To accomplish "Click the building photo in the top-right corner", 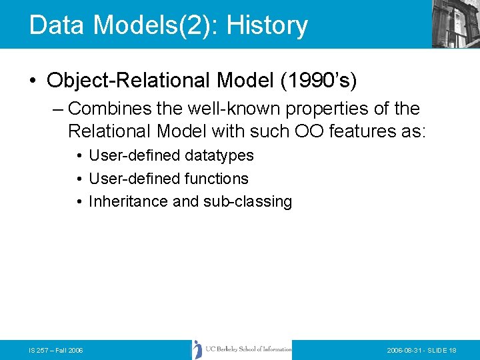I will pyautogui.click(x=455, y=24).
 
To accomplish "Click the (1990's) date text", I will pyautogui.click(x=318, y=81).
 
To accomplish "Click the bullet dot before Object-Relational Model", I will pyautogui.click(x=33, y=81).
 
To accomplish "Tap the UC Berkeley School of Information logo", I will pyautogui.click(x=242, y=349).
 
